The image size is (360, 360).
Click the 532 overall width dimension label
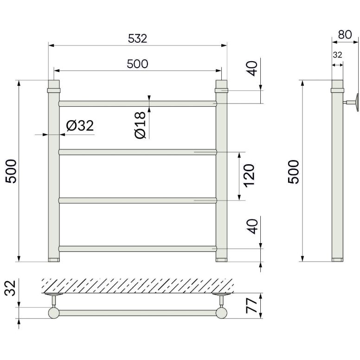(137, 39)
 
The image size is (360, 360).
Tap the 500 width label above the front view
(137, 64)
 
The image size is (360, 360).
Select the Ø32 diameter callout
(80, 126)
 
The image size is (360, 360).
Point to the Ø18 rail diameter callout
(141, 125)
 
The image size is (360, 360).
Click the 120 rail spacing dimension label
(249, 176)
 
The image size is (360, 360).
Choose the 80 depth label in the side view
(345, 34)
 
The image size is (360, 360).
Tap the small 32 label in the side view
(337, 55)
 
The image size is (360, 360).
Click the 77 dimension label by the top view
(251, 306)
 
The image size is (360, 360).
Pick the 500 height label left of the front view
(11, 171)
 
